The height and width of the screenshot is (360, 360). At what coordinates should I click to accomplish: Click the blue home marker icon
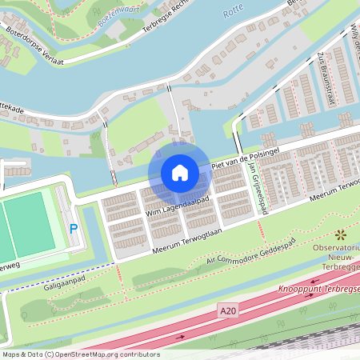179,173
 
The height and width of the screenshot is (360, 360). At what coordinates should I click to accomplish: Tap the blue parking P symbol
74,230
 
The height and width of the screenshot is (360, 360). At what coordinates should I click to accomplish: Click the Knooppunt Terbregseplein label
319,288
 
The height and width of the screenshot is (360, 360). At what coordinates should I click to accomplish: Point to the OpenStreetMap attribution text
80,354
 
